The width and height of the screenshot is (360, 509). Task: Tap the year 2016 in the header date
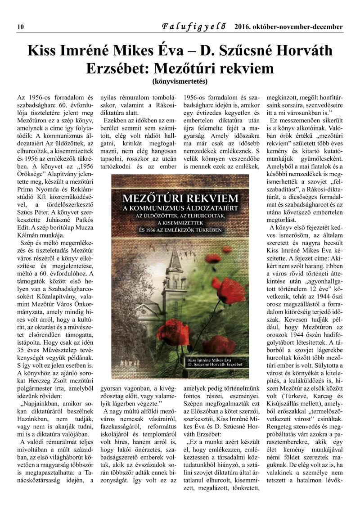coord(243,27)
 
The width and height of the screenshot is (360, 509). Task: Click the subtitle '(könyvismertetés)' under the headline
coord(180,82)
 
